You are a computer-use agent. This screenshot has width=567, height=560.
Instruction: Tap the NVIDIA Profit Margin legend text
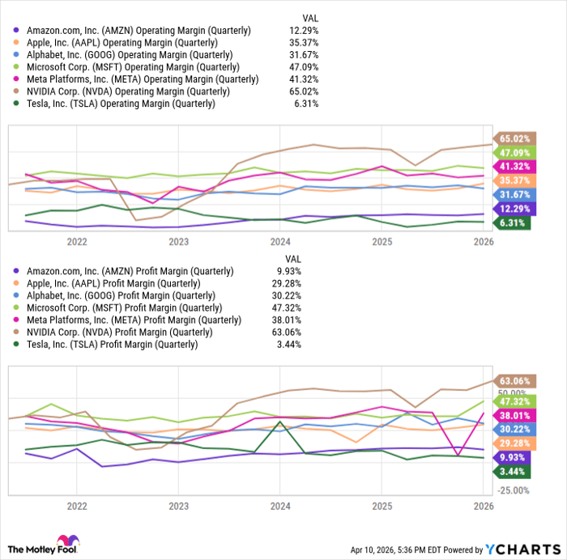[118, 332]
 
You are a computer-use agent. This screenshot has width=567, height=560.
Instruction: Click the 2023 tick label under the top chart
[179, 241]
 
